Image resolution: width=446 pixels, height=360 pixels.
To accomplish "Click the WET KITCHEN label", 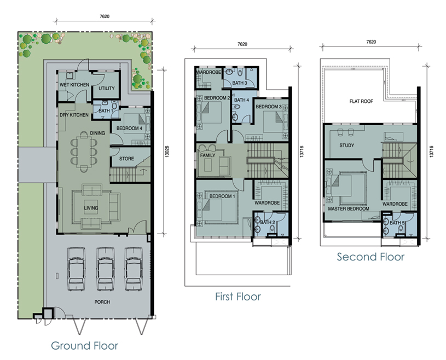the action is point(74,85).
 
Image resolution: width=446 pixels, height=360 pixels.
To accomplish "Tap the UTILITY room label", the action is point(107,89).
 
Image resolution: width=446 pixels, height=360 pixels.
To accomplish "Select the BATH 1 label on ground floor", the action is point(106,111).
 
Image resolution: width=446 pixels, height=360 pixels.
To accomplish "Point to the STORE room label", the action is point(126,159).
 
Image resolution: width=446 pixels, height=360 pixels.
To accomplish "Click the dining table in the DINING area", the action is point(84,152).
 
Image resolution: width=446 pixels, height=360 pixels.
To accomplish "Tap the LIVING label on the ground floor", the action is point(91,208).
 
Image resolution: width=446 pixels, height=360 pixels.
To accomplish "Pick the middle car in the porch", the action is point(106,269).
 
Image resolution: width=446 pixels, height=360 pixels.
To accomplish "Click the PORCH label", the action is point(102,302).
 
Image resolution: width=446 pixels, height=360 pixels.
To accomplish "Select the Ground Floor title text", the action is point(84,346).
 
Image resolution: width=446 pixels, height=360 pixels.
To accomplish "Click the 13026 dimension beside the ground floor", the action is point(167,152).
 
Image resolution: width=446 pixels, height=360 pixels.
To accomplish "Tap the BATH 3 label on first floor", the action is point(240,83).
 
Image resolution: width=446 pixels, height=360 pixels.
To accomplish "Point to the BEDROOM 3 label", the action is point(269,107).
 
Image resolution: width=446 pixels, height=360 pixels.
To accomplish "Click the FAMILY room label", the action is point(207,155).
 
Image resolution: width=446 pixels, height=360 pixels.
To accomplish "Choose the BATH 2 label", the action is point(268,222).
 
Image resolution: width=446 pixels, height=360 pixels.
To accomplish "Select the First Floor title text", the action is point(238,297).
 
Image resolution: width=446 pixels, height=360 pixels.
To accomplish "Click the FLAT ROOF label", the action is point(361,101).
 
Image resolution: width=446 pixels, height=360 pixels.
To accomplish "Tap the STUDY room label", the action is point(347,146).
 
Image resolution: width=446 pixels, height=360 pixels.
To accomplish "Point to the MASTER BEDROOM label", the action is point(349,208).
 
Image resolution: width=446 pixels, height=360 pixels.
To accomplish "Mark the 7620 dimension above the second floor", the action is point(371,42).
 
